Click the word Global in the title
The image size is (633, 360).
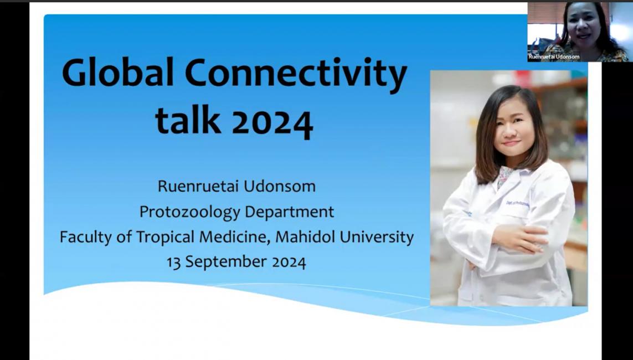point(117,73)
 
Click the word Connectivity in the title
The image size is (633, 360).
point(296,75)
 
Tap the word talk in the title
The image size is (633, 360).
point(188,120)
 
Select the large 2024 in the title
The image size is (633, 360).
point(273,122)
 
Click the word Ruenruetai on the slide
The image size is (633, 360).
point(196,186)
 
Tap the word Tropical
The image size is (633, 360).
point(166,237)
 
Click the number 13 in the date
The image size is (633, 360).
point(173,263)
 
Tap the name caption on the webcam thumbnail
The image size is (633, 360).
point(554,57)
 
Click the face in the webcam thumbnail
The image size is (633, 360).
point(583,24)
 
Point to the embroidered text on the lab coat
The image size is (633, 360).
point(518,204)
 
